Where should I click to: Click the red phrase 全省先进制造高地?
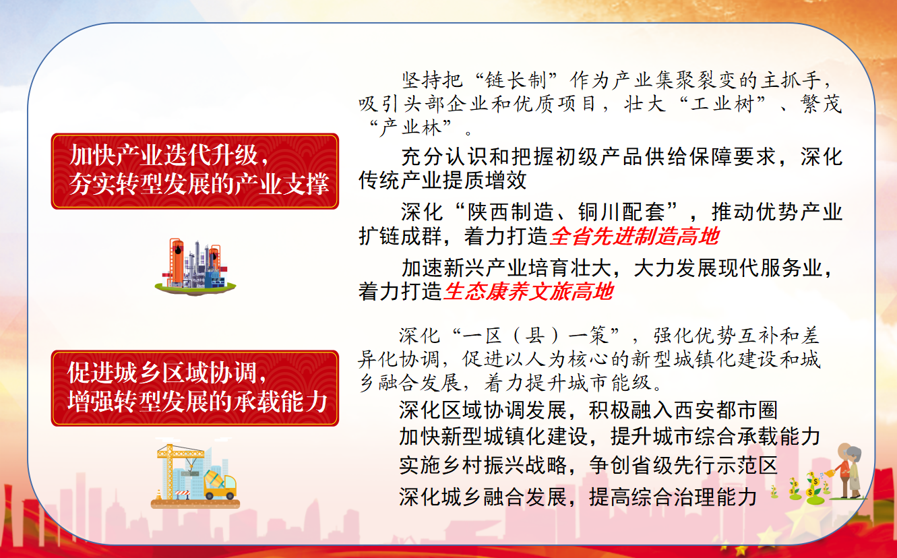tap(635, 236)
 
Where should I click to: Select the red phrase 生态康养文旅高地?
tap(528, 291)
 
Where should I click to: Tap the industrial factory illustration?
tap(195, 267)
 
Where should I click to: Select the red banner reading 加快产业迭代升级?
tap(195, 171)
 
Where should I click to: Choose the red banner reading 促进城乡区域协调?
tap(195, 388)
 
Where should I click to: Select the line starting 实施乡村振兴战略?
tap(588, 465)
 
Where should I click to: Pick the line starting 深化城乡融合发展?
tap(578, 497)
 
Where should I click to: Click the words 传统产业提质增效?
tap(443, 180)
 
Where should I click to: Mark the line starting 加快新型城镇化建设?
tap(609, 436)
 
